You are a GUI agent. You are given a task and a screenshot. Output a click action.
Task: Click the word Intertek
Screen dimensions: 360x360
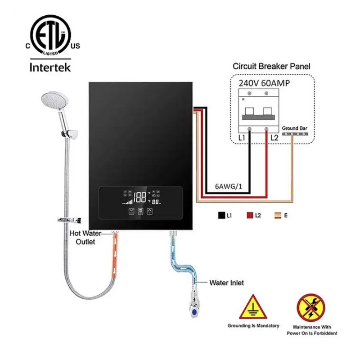[x=50, y=69]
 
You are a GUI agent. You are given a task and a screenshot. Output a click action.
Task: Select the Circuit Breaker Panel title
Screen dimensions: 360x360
[x=271, y=66]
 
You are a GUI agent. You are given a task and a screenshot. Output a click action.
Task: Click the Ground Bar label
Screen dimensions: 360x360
[x=295, y=129]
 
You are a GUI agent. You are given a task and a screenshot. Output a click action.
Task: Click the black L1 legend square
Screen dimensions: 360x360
[x=221, y=216]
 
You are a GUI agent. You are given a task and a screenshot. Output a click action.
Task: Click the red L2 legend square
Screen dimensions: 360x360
[x=250, y=216]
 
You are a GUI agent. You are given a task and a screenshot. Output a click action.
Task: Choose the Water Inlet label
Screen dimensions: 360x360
[x=226, y=283]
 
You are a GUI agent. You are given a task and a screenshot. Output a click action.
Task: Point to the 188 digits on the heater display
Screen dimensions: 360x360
[x=140, y=197]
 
